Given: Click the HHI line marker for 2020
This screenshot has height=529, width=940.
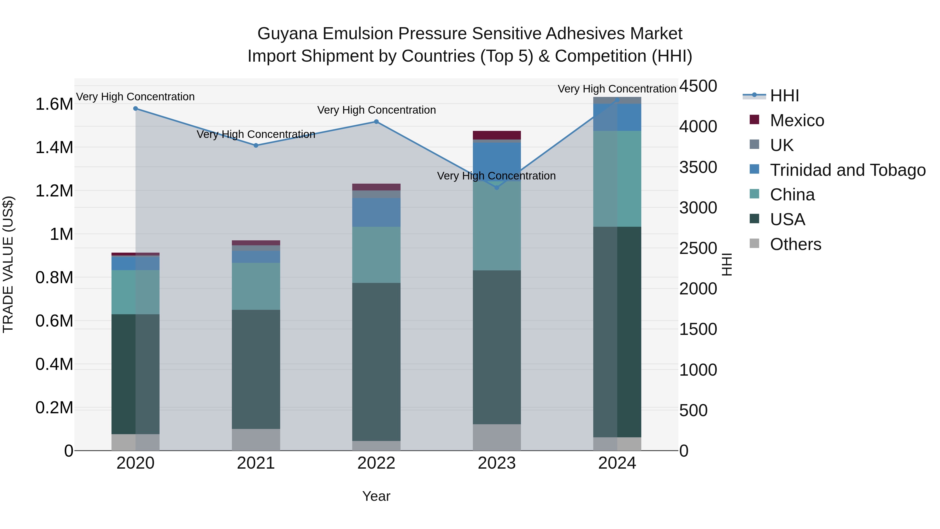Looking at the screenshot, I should click(x=135, y=108).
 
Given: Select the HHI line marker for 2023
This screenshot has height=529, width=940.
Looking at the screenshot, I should click(x=497, y=187).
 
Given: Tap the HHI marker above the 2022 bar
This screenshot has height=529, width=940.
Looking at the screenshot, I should click(x=376, y=121).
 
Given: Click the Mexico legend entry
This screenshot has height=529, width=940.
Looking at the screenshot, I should click(x=797, y=120).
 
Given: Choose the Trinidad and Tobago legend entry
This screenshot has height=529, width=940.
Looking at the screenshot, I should click(x=847, y=170).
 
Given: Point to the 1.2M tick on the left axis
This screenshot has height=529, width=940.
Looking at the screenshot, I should click(x=54, y=191).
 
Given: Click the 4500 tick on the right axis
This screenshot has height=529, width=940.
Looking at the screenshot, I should click(x=698, y=86).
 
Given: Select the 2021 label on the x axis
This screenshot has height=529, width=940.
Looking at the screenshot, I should click(x=256, y=463).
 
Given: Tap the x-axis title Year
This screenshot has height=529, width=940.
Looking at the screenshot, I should click(x=376, y=496).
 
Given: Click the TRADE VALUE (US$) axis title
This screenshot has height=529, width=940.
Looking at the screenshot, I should click(x=8, y=264).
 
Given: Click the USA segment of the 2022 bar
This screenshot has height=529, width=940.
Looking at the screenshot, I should click(x=376, y=362).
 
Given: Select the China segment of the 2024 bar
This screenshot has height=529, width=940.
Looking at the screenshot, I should click(x=617, y=179).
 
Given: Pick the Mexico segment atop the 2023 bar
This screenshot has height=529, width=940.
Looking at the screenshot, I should click(x=497, y=135).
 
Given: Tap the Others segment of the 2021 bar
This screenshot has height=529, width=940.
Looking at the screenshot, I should click(x=256, y=440).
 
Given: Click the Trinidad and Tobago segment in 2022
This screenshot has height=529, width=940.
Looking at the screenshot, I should click(x=376, y=212).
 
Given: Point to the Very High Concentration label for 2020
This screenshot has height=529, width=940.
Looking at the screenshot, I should click(x=135, y=97).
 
